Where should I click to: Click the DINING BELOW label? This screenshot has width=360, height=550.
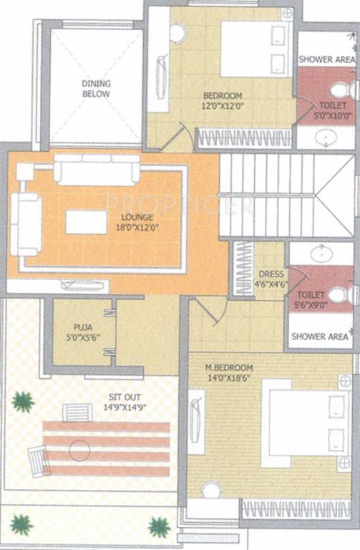click(x=95, y=88)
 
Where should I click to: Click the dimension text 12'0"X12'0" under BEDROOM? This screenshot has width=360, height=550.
click(x=223, y=107)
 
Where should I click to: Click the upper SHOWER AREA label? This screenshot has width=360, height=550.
click(x=327, y=59)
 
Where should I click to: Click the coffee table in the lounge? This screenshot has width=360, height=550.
click(x=86, y=222)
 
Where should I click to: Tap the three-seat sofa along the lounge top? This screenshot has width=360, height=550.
click(x=97, y=170)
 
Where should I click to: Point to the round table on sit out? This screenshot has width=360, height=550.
click(x=79, y=450)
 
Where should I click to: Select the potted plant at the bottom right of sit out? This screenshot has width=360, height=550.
click(x=158, y=528)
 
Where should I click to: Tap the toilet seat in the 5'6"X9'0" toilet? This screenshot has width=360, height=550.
click(x=339, y=294)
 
